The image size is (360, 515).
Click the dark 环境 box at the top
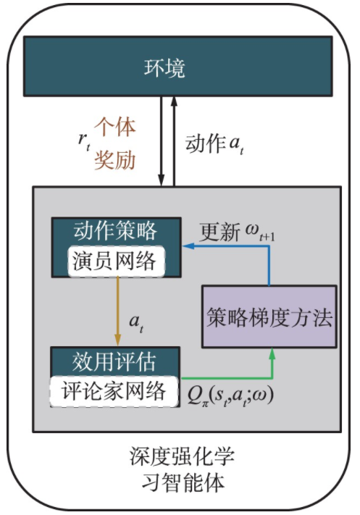coord(174,70)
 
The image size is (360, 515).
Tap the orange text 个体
coord(114,127)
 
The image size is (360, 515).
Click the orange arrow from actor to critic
coord(117,311)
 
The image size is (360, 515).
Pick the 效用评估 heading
coord(116,361)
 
